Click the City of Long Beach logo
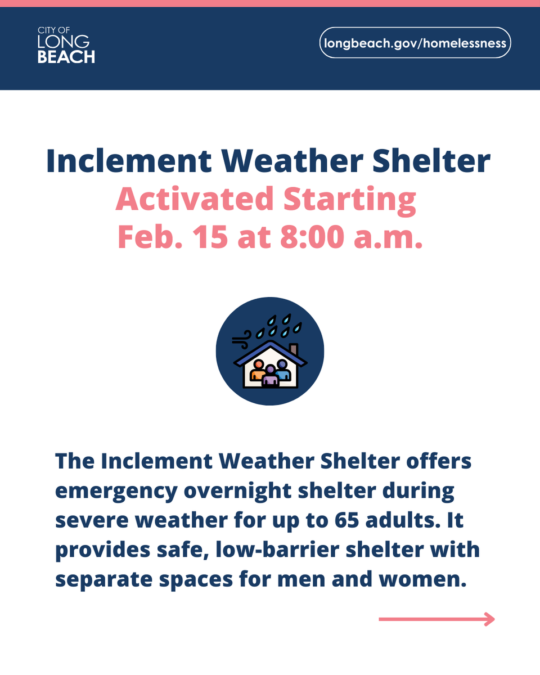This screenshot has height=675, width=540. pyautogui.click(x=66, y=44)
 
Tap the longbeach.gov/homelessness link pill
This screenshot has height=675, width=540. pyautogui.click(x=415, y=43)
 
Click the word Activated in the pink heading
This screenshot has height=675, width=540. pyautogui.click(x=194, y=199)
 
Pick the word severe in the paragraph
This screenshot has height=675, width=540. pyautogui.click(x=91, y=520)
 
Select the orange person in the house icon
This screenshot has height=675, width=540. pyautogui.click(x=258, y=372)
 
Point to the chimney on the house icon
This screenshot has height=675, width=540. pyautogui.click(x=293, y=348)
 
